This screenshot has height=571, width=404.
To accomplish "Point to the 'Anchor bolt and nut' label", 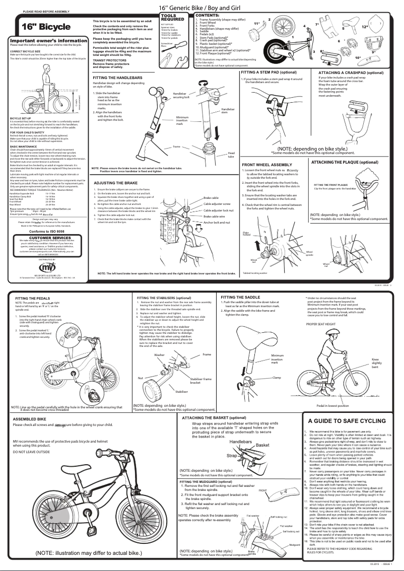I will pos(217,222).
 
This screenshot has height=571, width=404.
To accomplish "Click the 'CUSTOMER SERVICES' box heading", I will pos(46,237).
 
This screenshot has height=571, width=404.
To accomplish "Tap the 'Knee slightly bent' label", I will pos(377,363).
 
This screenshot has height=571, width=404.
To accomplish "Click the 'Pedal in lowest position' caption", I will pos(332,405).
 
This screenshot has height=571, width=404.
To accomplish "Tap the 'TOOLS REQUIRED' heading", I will pos(169,17).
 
